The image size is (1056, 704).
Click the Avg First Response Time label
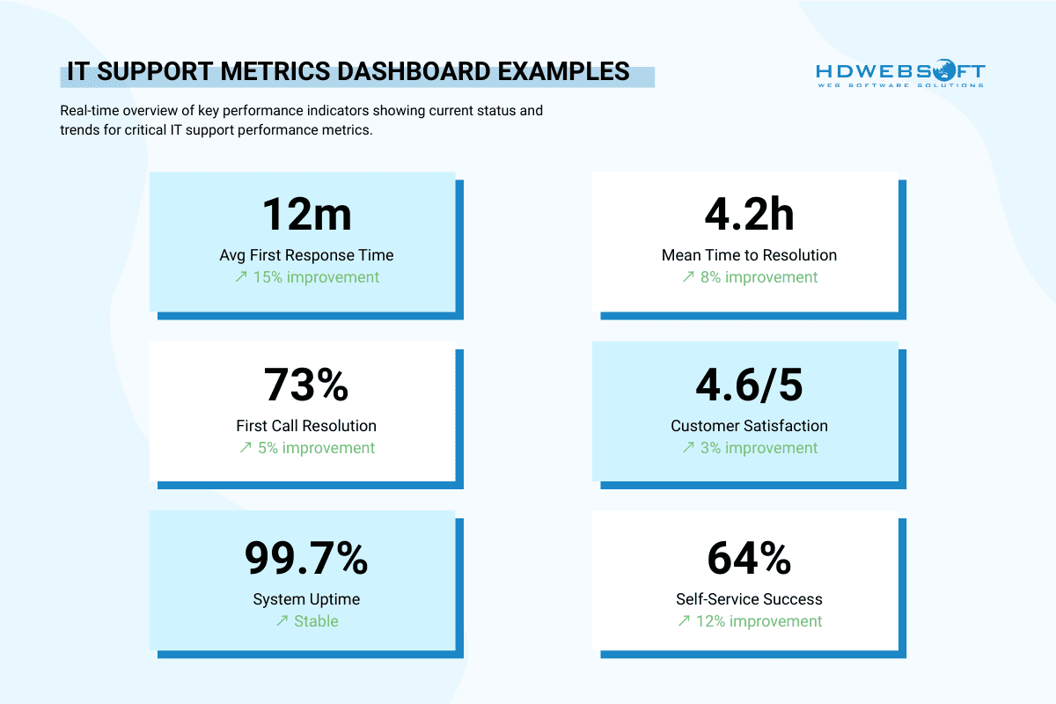pyautogui.click(x=306, y=255)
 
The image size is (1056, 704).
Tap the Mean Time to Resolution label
pyautogui.click(x=749, y=255)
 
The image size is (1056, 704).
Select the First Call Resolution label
pyautogui.click(x=306, y=426)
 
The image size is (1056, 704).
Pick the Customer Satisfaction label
pyautogui.click(x=749, y=426)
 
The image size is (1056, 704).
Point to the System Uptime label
pyautogui.click(x=306, y=599)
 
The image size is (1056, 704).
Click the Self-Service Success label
pyautogui.click(x=749, y=599)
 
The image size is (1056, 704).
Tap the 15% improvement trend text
pyautogui.click(x=315, y=277)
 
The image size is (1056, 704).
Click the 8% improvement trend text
pyautogui.click(x=758, y=277)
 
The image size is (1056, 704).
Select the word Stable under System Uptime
pyautogui.click(x=316, y=621)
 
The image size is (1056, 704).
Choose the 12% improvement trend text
pyautogui.click(x=758, y=621)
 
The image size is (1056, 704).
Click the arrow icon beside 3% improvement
pyautogui.click(x=687, y=448)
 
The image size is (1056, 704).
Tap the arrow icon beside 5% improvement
pyautogui.click(x=246, y=448)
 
